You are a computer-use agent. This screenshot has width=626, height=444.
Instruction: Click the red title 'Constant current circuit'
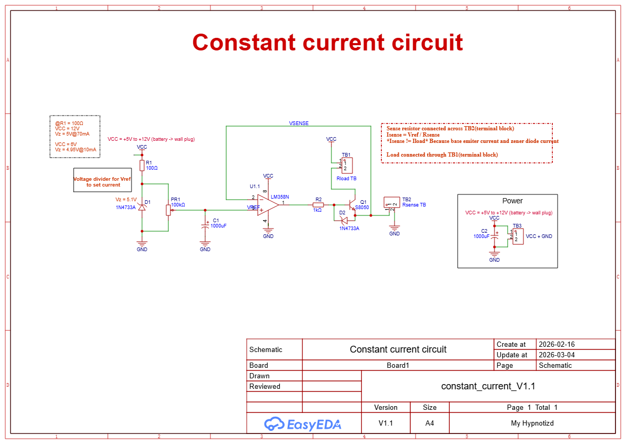click(x=327, y=43)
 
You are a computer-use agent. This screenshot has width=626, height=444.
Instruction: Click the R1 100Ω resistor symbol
click(x=142, y=166)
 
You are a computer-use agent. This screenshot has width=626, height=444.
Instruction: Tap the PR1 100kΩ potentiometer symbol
click(x=168, y=210)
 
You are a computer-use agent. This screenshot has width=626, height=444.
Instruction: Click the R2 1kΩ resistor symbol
click(x=318, y=204)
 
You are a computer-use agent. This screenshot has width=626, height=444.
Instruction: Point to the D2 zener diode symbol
click(x=344, y=220)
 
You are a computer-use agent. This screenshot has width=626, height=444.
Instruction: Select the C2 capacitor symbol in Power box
click(x=494, y=237)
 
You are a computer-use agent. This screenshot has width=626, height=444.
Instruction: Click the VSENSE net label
click(x=299, y=123)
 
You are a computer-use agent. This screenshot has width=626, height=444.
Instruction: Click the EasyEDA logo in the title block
click(x=302, y=424)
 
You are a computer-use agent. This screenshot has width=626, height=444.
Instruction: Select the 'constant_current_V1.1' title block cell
click(x=488, y=386)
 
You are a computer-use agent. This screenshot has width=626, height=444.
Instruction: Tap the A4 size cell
click(x=429, y=424)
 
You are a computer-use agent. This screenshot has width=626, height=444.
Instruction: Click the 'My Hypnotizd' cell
click(x=532, y=424)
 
